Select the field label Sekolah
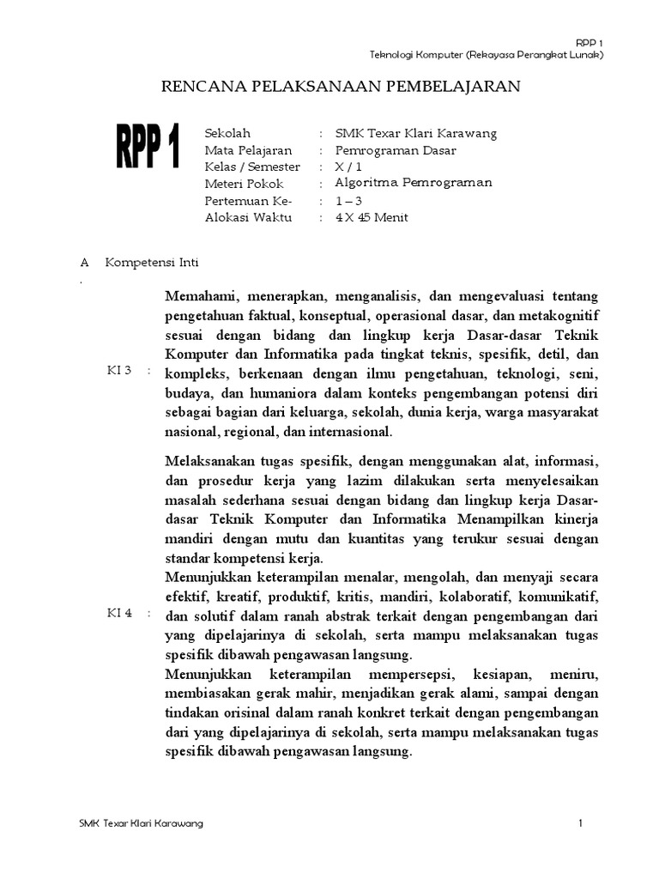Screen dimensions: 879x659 tap(227, 134)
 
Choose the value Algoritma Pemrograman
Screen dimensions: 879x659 tap(414, 184)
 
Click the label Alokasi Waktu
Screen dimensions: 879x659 tap(249, 217)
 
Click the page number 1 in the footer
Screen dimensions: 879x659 tap(581, 824)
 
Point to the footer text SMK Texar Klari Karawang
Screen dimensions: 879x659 tap(141, 824)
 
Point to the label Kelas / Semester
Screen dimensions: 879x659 tap(252, 167)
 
